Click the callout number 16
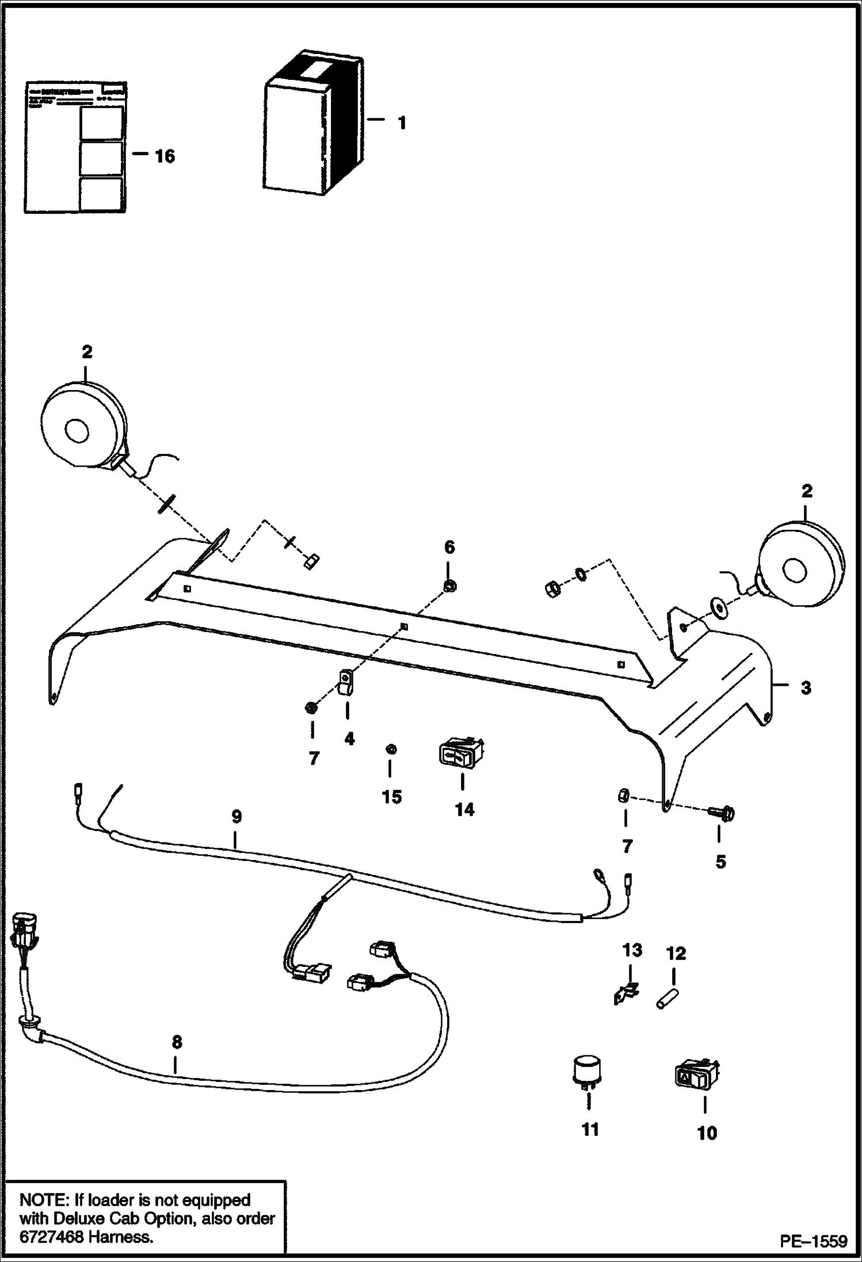[x=165, y=156]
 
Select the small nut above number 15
[x=391, y=749]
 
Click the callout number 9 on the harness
[x=237, y=817]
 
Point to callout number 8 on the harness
[x=177, y=1042]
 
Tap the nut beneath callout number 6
[x=450, y=587]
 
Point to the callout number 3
[x=806, y=687]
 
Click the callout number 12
[x=676, y=954]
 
